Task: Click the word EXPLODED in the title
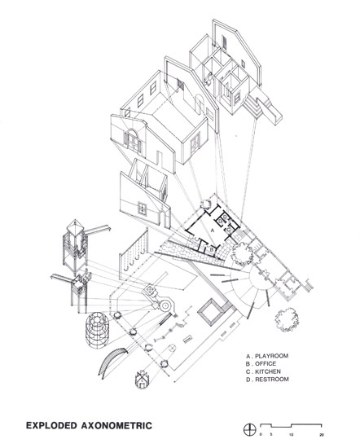click(x=51, y=425)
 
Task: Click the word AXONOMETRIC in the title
click(x=116, y=425)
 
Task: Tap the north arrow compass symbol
click(x=249, y=430)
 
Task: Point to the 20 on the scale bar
click(x=322, y=435)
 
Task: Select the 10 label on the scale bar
click(x=291, y=435)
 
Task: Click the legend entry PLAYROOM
click(x=271, y=356)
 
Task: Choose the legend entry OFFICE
click(x=266, y=364)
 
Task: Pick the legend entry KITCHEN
click(x=268, y=371)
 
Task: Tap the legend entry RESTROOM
click(x=272, y=380)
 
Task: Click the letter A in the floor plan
click(x=212, y=230)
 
